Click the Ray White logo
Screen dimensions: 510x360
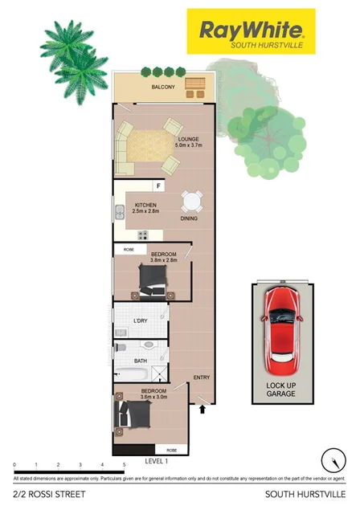click(x=251, y=33)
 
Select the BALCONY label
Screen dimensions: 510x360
click(x=164, y=87)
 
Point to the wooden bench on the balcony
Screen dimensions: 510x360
click(x=195, y=84)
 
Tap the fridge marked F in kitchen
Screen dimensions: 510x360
click(x=159, y=186)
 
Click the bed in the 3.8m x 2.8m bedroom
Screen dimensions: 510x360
click(x=153, y=279)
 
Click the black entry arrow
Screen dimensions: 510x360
click(x=202, y=409)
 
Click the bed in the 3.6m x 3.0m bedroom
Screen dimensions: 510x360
click(x=134, y=415)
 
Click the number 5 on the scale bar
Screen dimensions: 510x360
click(x=124, y=465)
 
